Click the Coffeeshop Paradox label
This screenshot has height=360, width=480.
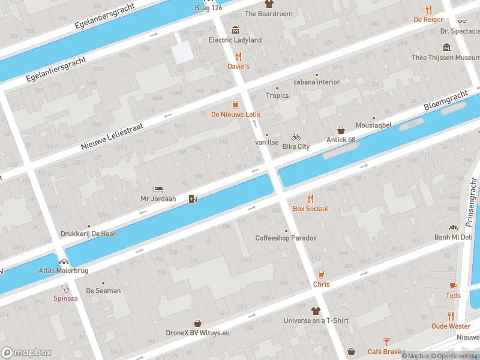(x=286, y=238)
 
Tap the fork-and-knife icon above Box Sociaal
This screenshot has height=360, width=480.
(x=310, y=199)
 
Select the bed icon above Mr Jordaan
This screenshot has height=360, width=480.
(x=157, y=188)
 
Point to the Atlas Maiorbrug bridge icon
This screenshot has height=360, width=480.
(x=64, y=262)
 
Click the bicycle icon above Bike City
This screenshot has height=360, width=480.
(x=296, y=137)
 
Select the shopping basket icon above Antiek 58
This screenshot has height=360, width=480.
(x=341, y=130)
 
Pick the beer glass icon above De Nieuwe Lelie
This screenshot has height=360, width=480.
(x=235, y=104)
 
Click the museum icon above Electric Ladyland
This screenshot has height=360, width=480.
(x=235, y=30)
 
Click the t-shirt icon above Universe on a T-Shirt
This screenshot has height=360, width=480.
(x=316, y=311)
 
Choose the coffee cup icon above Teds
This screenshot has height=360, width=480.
(x=453, y=286)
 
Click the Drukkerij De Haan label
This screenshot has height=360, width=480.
(x=89, y=234)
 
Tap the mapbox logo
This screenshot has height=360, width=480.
(x=26, y=352)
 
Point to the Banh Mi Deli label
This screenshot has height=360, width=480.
(x=454, y=237)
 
